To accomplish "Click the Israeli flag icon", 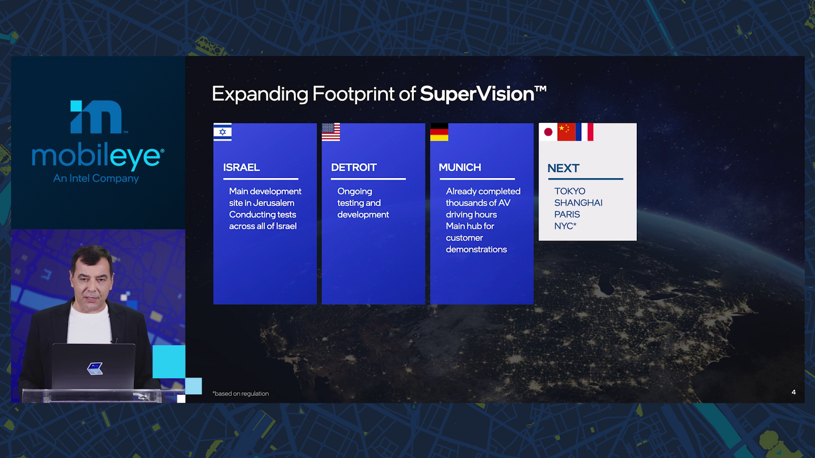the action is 222,132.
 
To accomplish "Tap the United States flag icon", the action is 331,132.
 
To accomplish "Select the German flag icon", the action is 439,132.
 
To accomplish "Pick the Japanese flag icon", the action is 548,132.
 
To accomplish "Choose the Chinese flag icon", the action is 566,132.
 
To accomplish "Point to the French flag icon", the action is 584,132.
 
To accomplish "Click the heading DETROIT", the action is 354,167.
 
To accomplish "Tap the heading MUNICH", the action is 460,167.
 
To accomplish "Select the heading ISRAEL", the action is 241,167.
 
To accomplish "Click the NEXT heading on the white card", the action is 563,168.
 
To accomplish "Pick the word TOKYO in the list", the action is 570,191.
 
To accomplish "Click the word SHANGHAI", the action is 578,203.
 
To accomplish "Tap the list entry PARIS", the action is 567,215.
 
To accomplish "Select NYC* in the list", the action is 565,226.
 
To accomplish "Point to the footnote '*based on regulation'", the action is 241,394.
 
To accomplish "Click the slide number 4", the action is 794,392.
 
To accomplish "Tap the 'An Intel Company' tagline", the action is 96,178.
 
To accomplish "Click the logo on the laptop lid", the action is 95,369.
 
